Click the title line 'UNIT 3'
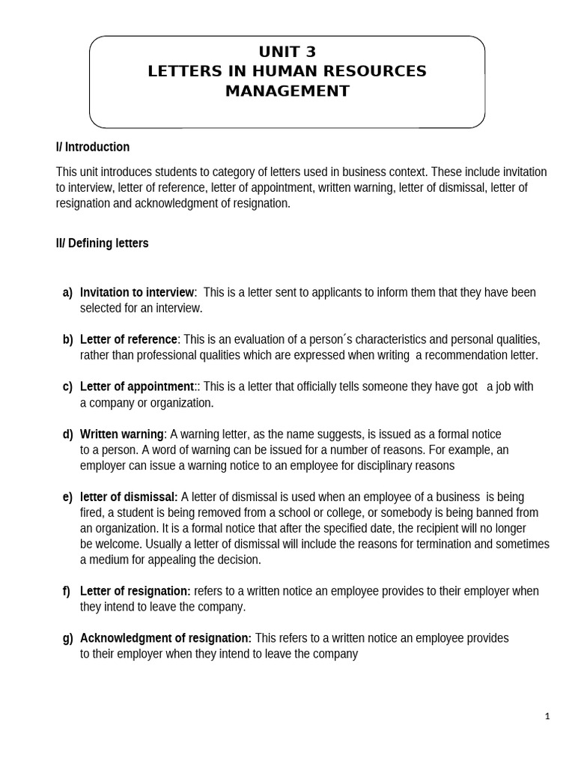click(x=287, y=52)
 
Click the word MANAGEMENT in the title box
click(x=287, y=91)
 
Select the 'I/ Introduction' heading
click(x=93, y=147)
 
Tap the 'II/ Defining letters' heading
click(x=102, y=243)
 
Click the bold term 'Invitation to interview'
click(x=137, y=292)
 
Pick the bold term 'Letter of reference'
click(x=129, y=339)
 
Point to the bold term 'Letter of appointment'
click(x=137, y=386)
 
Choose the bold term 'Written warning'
click(x=122, y=434)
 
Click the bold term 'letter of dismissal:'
click(x=129, y=497)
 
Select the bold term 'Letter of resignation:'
click(x=136, y=591)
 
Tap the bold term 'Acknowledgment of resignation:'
click(x=165, y=638)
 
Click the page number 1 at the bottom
click(x=547, y=717)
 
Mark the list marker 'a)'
click(x=67, y=292)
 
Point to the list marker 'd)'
click(x=67, y=434)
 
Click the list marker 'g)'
click(x=67, y=638)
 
